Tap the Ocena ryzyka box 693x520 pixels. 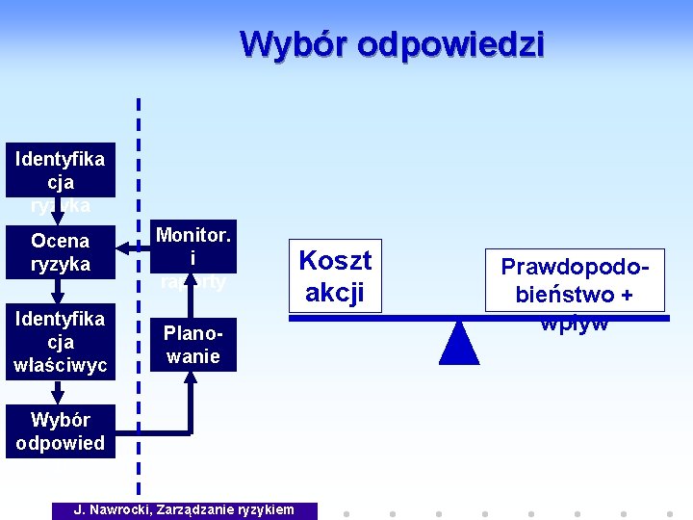click(x=60, y=252)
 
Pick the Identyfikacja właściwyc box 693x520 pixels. click(x=60, y=342)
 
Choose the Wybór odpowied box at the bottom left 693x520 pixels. click(x=60, y=431)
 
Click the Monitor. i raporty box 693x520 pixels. click(x=192, y=258)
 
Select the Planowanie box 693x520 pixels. click(x=192, y=345)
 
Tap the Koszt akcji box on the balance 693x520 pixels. click(x=335, y=275)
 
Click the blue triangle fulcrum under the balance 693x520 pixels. click(x=459, y=344)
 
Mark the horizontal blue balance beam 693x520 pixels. click(x=404, y=317)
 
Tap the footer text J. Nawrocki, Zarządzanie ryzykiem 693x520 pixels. click(x=185, y=509)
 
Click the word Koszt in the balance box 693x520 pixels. click(x=335, y=260)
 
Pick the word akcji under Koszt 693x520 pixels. click(x=335, y=291)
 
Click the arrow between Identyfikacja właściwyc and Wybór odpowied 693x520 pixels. click(x=58, y=391)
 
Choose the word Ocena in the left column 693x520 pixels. click(x=60, y=241)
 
